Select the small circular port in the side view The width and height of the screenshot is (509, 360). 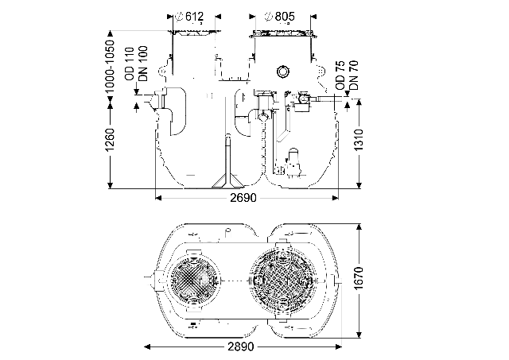(x=283, y=72)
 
